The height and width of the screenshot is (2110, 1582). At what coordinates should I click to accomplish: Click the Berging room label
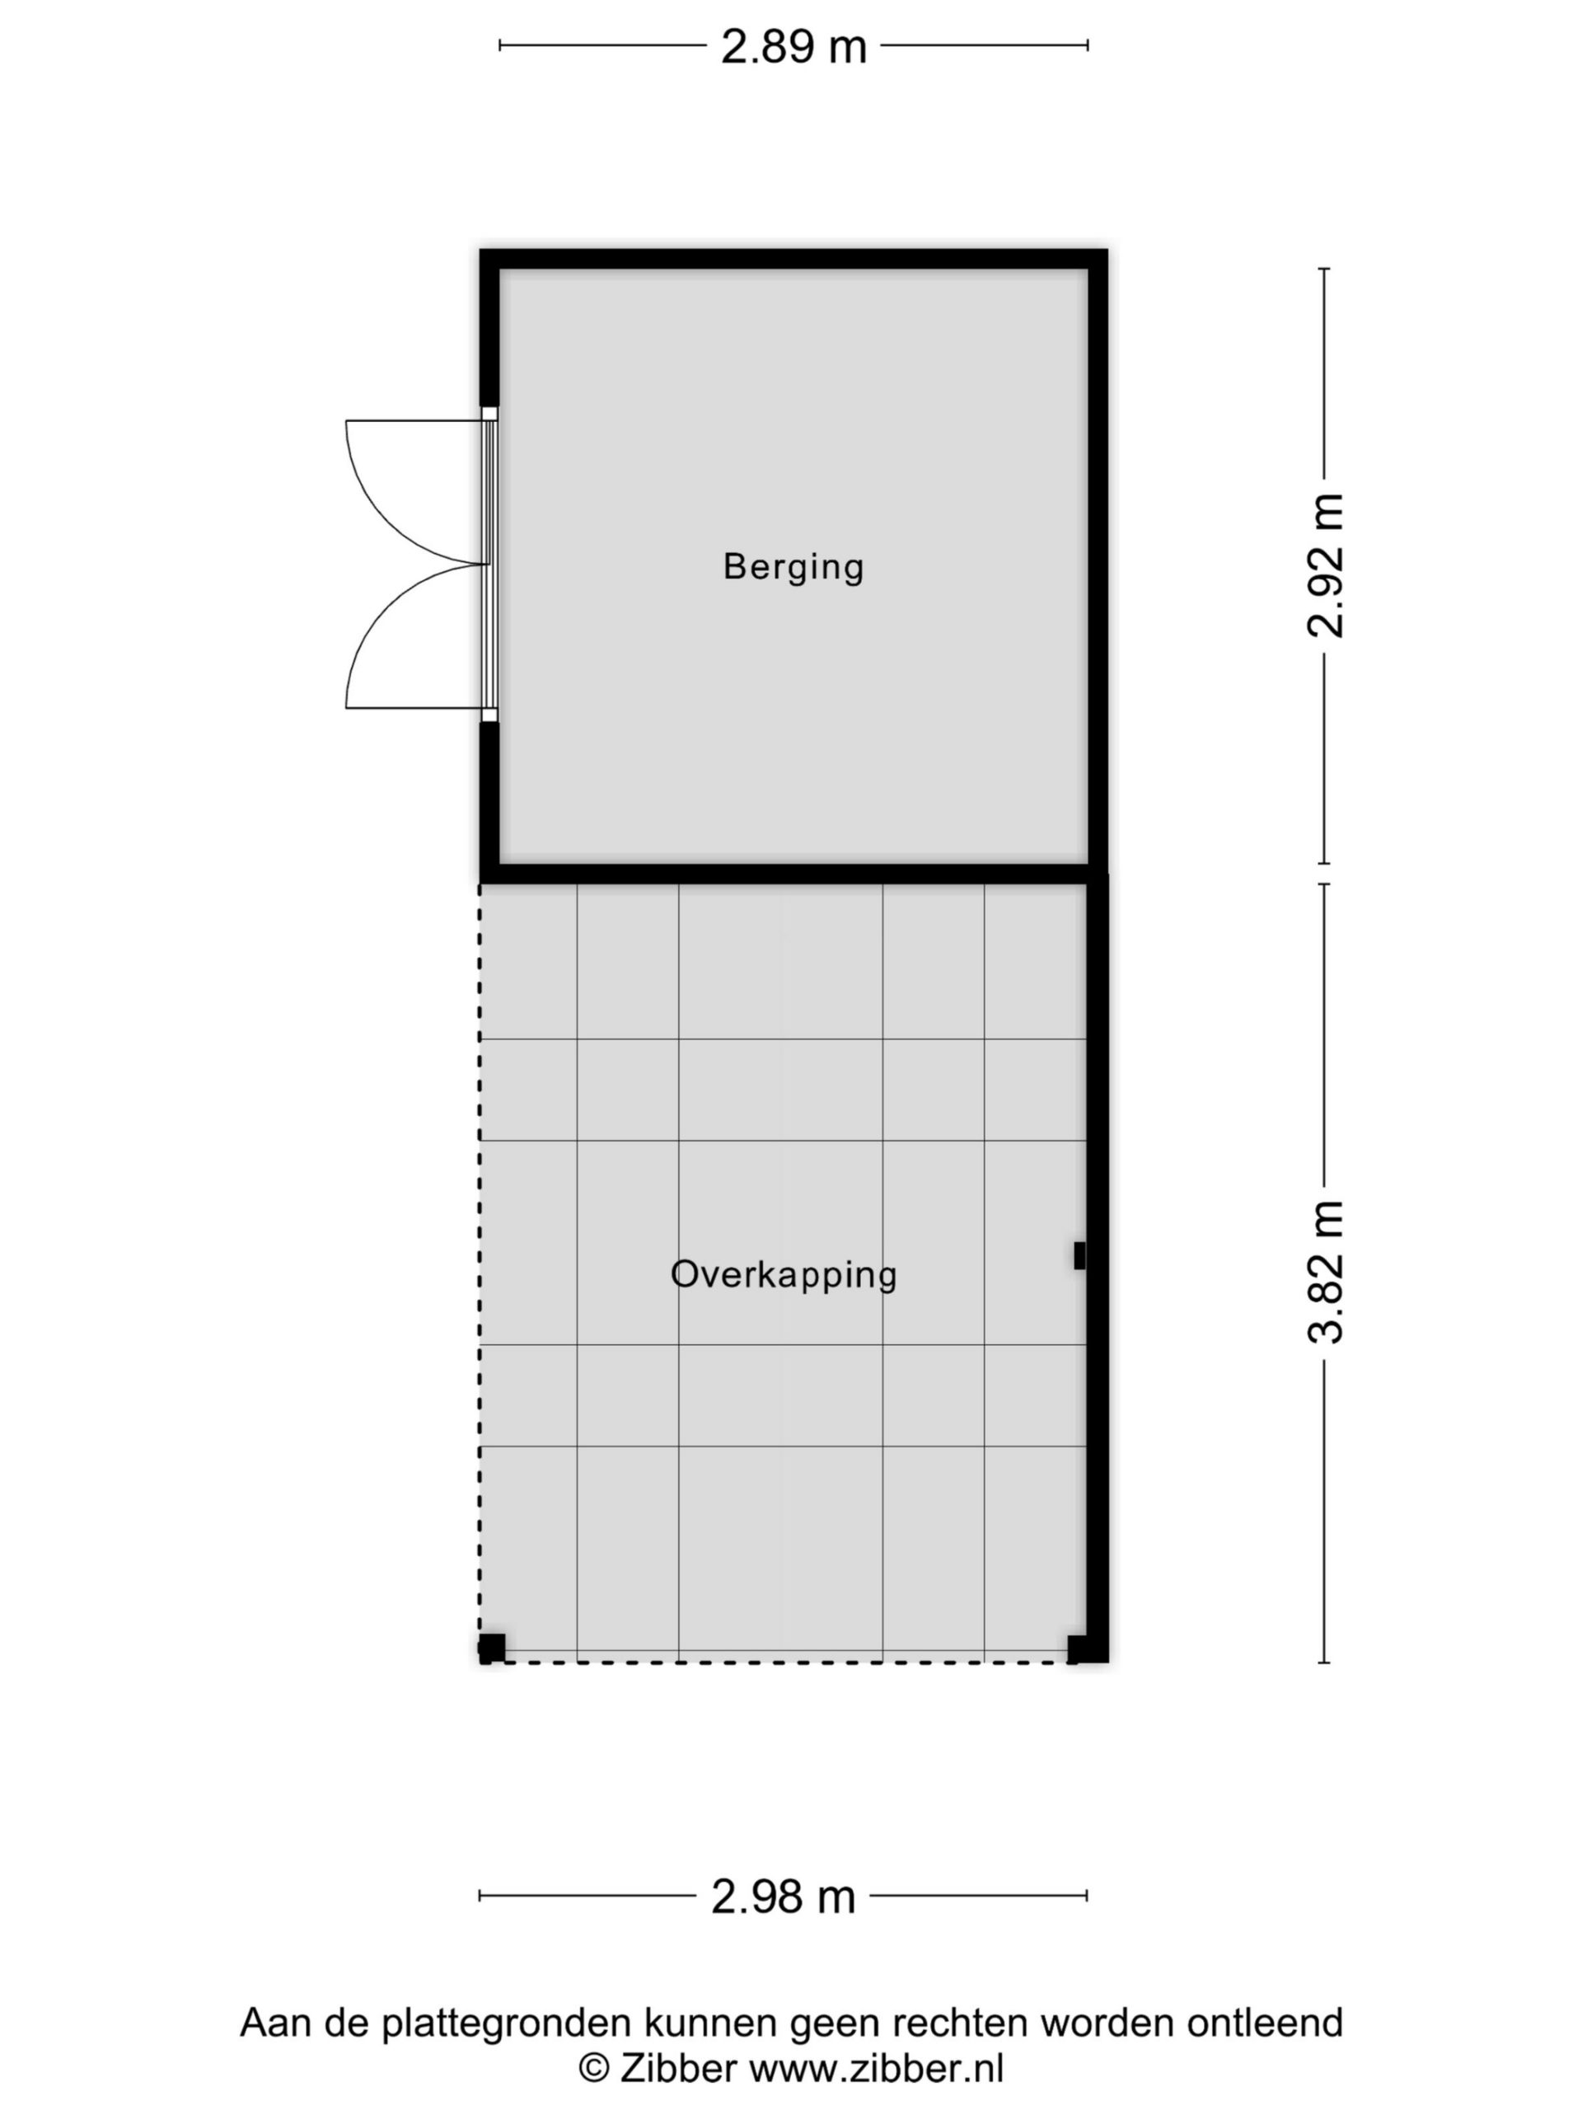(x=793, y=568)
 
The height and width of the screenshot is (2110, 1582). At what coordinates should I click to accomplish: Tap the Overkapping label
(x=783, y=1275)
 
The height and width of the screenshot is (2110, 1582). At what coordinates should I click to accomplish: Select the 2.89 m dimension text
(x=793, y=47)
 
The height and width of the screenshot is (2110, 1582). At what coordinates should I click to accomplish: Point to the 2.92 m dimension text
(x=1326, y=565)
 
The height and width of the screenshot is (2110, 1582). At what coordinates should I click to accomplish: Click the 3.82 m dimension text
(x=1326, y=1273)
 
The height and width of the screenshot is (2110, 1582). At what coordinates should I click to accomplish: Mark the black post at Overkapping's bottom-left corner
(x=492, y=1648)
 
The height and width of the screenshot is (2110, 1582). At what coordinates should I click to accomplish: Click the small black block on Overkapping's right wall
(x=1079, y=1256)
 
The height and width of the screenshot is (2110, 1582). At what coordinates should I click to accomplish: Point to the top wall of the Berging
(x=793, y=260)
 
